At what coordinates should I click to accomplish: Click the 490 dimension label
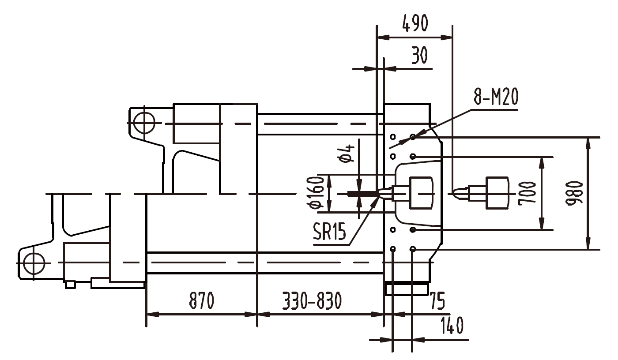[x=415, y=24]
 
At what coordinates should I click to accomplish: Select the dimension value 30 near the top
[x=419, y=56]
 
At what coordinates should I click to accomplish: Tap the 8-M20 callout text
[x=496, y=98]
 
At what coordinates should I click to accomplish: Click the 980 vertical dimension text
[x=574, y=193]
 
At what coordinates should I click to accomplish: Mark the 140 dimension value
[x=451, y=326]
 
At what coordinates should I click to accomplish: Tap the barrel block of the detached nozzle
[x=497, y=192]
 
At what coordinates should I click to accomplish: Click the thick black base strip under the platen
[x=407, y=282]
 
